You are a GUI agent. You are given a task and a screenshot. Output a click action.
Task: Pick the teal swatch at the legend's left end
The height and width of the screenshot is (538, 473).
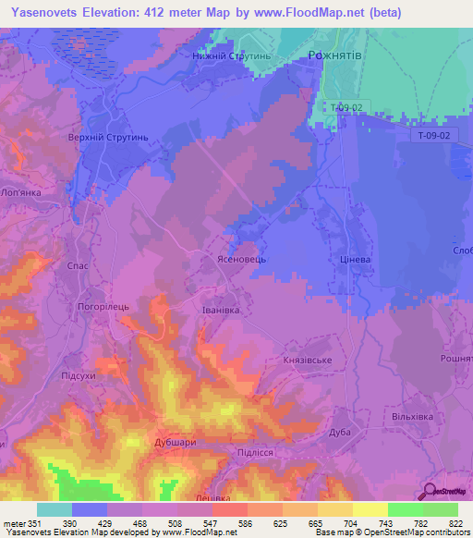(54, 509)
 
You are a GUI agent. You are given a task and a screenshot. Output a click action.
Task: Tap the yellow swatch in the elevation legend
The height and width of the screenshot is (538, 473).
(370, 509)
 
